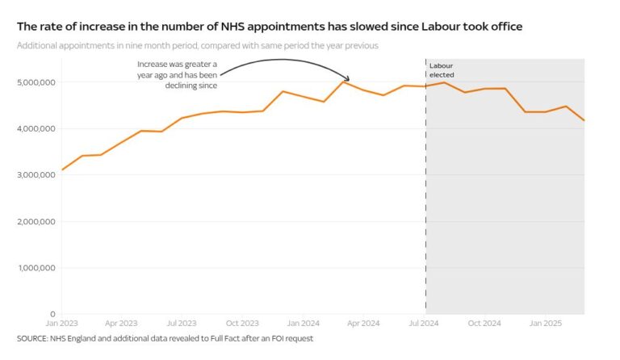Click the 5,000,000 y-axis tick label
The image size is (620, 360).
pos(36,82)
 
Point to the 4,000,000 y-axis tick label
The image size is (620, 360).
pos(36,129)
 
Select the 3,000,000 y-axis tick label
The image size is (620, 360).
pos(36,175)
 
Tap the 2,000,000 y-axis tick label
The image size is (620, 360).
pos(36,222)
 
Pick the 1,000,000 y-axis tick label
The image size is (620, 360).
pos(36,268)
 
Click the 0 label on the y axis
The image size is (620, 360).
pos(52,314)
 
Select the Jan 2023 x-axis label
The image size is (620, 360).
pos(61,324)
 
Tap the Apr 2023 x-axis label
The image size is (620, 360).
pos(122,324)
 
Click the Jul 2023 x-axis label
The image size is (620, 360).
pos(182,324)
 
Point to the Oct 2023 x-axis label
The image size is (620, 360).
pos(243,324)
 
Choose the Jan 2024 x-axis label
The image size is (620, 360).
pos(304,324)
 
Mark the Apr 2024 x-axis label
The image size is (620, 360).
pos(364,324)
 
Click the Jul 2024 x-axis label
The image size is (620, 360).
pos(425,324)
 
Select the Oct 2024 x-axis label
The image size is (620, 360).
pos(485,324)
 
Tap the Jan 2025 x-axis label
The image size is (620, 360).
pos(546,324)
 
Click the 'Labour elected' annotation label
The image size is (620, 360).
pos(442,69)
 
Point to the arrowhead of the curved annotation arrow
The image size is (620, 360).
pos(348,79)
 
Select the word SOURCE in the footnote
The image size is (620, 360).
pos(31,339)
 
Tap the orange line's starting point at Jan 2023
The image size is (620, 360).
pos(62,170)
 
